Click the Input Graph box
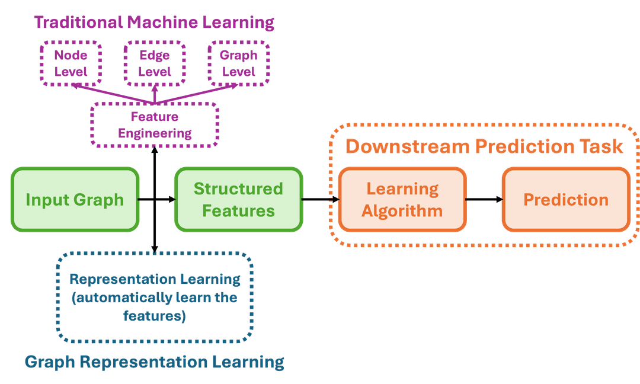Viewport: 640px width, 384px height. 75,200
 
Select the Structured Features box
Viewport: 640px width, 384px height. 238,200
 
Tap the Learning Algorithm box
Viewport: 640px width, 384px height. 402,200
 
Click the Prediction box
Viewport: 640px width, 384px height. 565,200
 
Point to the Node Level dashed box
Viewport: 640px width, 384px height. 71,63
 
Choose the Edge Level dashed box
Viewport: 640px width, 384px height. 155,63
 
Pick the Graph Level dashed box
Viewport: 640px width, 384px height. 238,63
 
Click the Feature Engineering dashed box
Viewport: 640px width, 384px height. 154,125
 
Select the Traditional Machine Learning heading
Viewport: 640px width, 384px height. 154,23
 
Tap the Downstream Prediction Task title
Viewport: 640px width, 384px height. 484,146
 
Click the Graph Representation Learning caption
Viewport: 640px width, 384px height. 154,361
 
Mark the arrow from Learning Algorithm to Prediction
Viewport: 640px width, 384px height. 484,200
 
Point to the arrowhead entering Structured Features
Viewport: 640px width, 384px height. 171,200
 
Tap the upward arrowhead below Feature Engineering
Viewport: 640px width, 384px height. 154,152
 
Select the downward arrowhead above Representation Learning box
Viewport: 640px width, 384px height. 154,248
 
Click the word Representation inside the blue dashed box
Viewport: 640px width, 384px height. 114,279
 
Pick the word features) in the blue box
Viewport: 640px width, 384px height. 154,316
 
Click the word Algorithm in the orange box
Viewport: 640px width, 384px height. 402,210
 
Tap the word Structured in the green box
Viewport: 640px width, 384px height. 238,189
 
